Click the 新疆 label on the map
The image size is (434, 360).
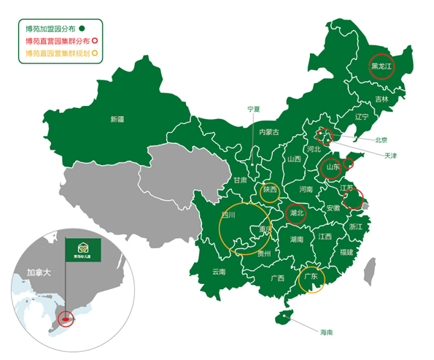(x=117, y=118)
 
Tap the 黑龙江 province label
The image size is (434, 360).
(x=381, y=66)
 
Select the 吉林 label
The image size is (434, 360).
(x=381, y=99)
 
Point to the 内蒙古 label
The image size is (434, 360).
(x=269, y=132)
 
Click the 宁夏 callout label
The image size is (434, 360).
(x=253, y=109)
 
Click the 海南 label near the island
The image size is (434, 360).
(x=325, y=332)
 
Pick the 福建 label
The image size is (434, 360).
(x=346, y=252)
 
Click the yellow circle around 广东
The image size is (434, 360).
(x=311, y=277)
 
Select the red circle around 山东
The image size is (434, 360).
(x=333, y=167)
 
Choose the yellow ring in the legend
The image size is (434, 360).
(x=95, y=53)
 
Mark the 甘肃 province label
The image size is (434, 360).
(x=240, y=180)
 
